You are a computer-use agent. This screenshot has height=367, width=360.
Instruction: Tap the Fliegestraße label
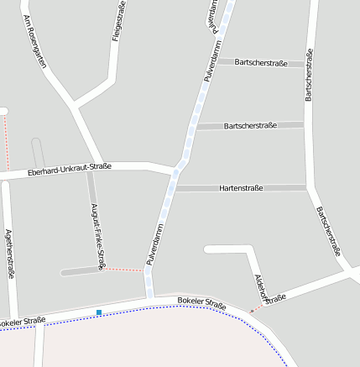pyautogui.click(x=119, y=20)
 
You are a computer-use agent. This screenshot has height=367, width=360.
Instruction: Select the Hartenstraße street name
pyautogui.click(x=241, y=188)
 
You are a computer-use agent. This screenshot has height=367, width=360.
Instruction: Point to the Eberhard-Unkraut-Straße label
pyautogui.click(x=70, y=170)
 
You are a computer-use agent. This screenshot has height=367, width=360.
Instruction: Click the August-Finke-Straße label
pyautogui.click(x=97, y=231)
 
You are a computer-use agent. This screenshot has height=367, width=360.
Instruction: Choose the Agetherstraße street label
pyautogui.click(x=9, y=253)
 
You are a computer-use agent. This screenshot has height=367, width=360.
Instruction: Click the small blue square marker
pyautogui.click(x=99, y=312)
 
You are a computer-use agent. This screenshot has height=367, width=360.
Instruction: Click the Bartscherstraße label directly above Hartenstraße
pyautogui.click(x=251, y=125)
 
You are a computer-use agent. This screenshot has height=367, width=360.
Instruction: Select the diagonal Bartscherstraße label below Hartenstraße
pyautogui.click(x=329, y=230)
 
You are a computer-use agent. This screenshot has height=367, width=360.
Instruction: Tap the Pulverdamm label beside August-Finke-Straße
pyautogui.click(x=154, y=244)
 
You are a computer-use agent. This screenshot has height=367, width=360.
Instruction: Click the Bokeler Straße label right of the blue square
pyautogui.click(x=202, y=303)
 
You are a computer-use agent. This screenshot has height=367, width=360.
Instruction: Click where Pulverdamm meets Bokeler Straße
pyautogui.click(x=149, y=297)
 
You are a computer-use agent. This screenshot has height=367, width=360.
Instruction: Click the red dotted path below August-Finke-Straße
pyautogui.click(x=122, y=270)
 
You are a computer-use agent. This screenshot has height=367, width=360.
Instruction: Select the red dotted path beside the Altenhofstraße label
pyautogui.click(x=255, y=309)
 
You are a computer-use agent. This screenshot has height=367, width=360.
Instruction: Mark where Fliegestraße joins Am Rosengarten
pyautogui.click(x=77, y=105)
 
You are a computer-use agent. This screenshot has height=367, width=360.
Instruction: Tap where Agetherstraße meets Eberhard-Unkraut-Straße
pyautogui.click(x=6, y=178)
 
